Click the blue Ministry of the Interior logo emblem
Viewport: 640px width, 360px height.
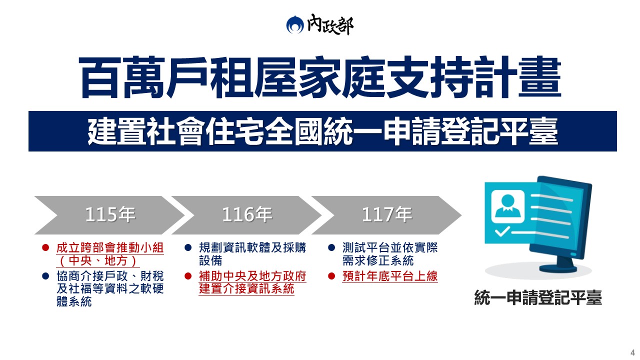295,24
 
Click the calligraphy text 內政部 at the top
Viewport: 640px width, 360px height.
330,24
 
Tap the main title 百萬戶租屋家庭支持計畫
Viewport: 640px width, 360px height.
320,77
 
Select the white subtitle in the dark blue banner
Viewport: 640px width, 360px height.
322,131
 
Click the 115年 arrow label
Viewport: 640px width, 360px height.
110,214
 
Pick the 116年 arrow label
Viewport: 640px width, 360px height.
247,214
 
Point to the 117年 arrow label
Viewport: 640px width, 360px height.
387,214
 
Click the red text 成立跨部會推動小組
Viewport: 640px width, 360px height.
110,247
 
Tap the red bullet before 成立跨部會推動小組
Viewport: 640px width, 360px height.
45,247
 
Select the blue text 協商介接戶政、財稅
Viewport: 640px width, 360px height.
110,276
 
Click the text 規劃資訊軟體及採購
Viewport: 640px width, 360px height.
252,247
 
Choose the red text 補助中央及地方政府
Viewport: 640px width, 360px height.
252,276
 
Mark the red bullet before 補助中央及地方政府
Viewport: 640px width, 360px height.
188,276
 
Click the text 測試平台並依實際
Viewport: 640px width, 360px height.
390,247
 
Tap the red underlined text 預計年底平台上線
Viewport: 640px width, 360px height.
390,276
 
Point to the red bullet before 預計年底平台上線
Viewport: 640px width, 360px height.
331,276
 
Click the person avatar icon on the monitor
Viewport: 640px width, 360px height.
507,206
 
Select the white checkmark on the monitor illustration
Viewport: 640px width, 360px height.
502,231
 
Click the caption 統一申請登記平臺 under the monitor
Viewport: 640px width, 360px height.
538,297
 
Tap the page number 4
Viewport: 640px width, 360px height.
632,352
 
